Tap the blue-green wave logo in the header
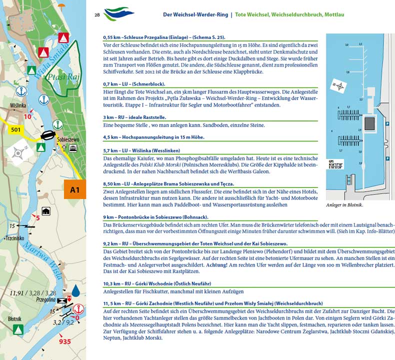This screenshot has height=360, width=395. (x=119, y=13)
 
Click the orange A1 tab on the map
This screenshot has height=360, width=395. (x=75, y=189)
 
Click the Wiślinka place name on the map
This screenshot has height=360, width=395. (x=17, y=106)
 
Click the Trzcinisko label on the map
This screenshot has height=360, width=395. (x=14, y=238)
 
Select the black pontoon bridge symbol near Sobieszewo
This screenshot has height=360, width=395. (x=47, y=134)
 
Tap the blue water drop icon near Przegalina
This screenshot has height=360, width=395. (x=75, y=290)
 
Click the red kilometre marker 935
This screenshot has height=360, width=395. (x=64, y=342)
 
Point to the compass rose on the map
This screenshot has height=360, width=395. (x=19, y=153)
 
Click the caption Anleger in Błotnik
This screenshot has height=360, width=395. (x=344, y=205)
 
